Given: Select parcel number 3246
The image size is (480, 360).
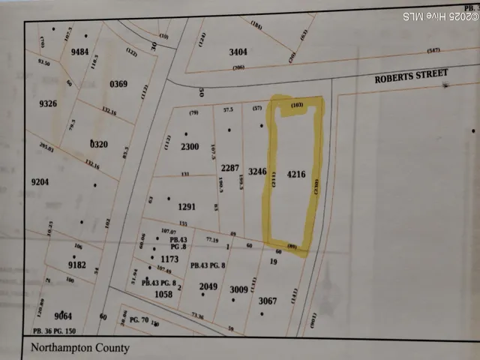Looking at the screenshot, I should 257,171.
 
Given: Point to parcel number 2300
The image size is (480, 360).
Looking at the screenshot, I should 190,147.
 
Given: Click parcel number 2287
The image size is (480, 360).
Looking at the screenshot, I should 230,168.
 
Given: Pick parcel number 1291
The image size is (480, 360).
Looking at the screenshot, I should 187,206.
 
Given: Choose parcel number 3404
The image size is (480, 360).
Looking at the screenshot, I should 237,52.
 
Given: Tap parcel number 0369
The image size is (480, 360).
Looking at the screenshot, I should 119,83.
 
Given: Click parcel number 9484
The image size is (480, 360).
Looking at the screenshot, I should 79,52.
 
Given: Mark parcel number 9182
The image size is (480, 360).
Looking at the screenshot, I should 78,265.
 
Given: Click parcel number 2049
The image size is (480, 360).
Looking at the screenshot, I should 208,286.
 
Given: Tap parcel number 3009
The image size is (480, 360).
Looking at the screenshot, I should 238,289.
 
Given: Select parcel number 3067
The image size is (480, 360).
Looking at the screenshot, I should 268,301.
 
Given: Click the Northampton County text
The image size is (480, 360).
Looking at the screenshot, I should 80,348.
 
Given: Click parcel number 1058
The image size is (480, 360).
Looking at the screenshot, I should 163,295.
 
